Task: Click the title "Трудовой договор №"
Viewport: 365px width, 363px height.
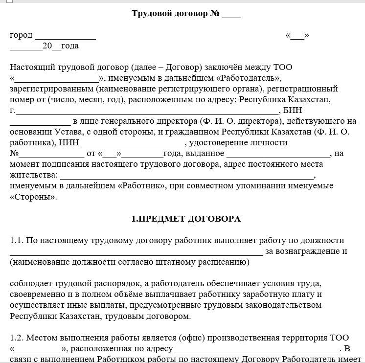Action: (175, 13)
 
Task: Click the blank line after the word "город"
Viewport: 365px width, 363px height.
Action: (65, 36)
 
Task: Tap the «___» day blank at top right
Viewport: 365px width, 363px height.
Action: (297, 35)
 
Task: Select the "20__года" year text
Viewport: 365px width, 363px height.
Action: (60, 46)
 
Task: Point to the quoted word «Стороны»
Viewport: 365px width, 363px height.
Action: (33, 197)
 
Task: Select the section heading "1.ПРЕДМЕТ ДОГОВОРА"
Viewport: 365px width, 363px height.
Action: (186, 219)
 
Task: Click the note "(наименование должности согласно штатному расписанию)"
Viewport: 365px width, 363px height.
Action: (129, 262)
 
